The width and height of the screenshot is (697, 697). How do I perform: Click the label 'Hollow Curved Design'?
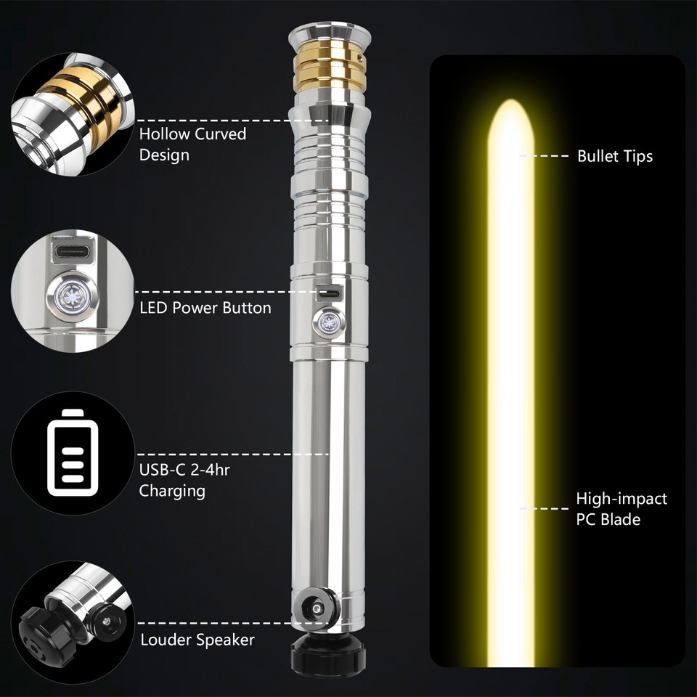[x=192, y=144]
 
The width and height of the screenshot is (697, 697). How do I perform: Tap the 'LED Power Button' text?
[x=205, y=308]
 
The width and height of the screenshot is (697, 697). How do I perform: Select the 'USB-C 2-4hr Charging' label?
[x=184, y=480]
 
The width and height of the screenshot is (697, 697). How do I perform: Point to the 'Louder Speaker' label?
[x=197, y=640]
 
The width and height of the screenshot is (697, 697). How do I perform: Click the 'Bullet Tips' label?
[x=614, y=156]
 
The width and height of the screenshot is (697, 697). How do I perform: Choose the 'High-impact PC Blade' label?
[x=621, y=508]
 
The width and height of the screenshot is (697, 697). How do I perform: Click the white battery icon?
[x=72, y=449]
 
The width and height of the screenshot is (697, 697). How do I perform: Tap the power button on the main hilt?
[x=328, y=321]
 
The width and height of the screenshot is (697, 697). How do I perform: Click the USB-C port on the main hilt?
[x=329, y=295]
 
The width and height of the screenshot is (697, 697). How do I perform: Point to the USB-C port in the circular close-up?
[x=70, y=255]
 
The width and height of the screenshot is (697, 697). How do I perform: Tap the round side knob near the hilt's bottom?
[x=315, y=608]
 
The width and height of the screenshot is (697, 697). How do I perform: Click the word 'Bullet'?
[x=596, y=156]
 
